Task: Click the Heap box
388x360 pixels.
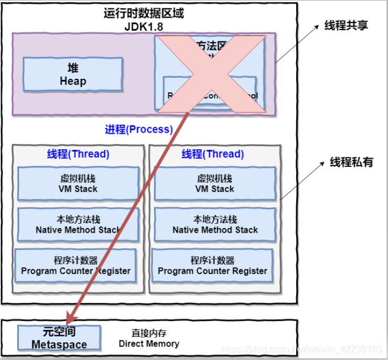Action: pyautogui.click(x=73, y=75)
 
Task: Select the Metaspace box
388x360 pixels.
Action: pyautogui.click(x=59, y=337)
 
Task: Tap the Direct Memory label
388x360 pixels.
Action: pyautogui.click(x=149, y=339)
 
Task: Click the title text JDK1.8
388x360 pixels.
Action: pyautogui.click(x=144, y=27)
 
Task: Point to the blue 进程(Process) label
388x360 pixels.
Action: pyautogui.click(x=139, y=129)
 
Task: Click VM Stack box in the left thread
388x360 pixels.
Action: pyautogui.click(x=78, y=184)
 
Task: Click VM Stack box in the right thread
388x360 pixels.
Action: pyautogui.click(x=214, y=184)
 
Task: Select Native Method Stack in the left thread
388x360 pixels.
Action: pyautogui.click(x=78, y=224)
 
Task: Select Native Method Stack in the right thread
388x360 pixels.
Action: pyautogui.click(x=214, y=224)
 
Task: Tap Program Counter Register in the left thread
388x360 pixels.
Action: pyautogui.click(x=76, y=266)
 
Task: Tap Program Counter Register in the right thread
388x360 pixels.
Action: pyautogui.click(x=213, y=266)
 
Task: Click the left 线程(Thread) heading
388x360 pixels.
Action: pyautogui.click(x=78, y=155)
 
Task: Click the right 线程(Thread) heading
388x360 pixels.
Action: pyautogui.click(x=213, y=155)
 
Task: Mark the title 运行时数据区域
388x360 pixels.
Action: pyautogui.click(x=144, y=13)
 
